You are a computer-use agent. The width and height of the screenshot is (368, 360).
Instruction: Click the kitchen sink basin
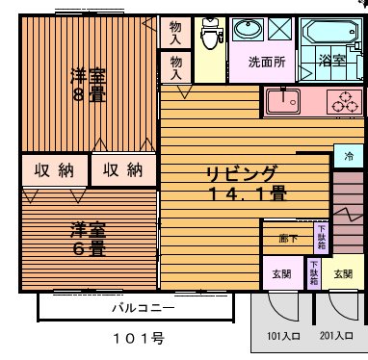[x=283, y=99]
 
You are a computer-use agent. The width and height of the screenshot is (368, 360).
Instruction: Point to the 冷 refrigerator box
[x=348, y=155]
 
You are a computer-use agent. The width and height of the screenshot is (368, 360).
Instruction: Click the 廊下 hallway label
[x=288, y=237]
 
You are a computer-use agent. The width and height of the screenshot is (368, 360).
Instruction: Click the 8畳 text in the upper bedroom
[x=93, y=95]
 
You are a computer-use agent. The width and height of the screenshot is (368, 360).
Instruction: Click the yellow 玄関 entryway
[x=280, y=274]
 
